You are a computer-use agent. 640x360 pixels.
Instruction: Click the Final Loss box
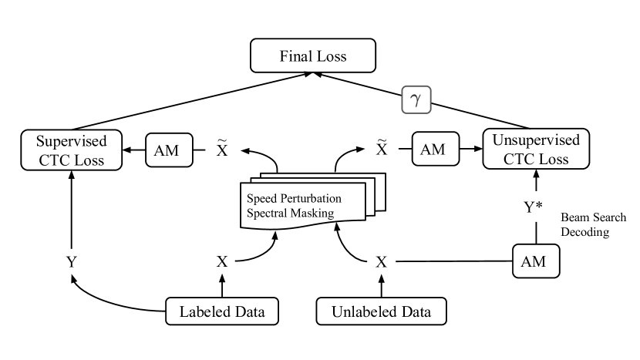click(x=312, y=56)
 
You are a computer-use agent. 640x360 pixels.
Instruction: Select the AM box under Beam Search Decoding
click(x=534, y=261)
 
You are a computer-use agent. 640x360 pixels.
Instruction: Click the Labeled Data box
click(x=222, y=313)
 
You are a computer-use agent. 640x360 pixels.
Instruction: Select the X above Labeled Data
click(x=222, y=261)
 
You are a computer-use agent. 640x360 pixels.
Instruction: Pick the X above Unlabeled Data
click(x=380, y=261)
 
